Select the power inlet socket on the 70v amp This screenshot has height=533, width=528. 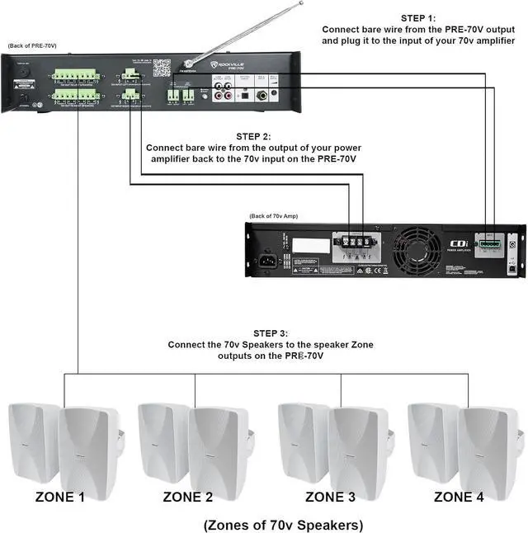268,263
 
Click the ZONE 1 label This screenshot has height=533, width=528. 59,497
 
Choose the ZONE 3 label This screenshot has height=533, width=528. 331,497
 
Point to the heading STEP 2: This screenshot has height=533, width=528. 252,136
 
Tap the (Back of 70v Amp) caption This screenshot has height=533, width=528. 276,216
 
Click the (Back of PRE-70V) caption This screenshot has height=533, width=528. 31,46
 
